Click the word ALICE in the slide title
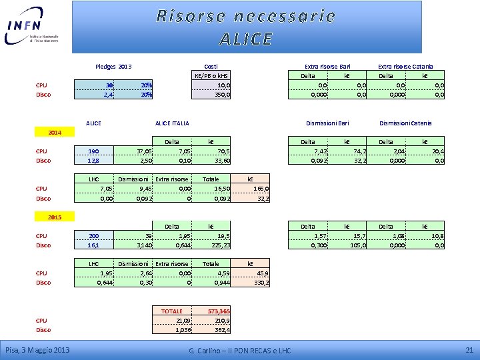tap(246, 39)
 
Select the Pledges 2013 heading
tap(113, 66)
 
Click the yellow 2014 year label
tap(55, 133)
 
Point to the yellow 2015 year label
tap(55, 217)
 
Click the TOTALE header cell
tap(172, 311)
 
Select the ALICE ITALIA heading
tap(172, 123)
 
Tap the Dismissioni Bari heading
tap(327, 123)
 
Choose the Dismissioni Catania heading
tap(405, 123)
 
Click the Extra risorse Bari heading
tap(327, 66)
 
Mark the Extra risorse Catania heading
tap(405, 66)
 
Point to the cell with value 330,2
tap(261, 283)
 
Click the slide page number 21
tap(469, 350)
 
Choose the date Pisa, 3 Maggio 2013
tap(37, 350)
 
